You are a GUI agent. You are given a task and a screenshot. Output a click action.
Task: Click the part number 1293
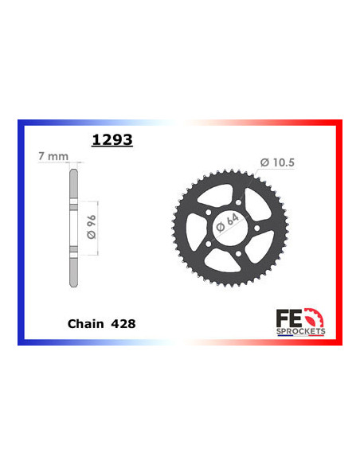click(x=112, y=141)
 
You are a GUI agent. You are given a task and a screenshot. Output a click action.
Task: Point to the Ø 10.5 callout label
click(x=277, y=163)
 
